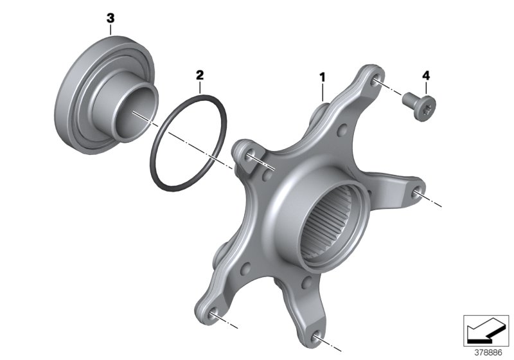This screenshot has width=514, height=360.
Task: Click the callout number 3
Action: point(111,19)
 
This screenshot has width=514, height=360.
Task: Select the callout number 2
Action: point(200,75)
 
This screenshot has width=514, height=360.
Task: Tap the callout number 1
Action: point(323,78)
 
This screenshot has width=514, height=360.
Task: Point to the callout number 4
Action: point(426,76)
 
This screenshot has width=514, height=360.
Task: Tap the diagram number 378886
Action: point(488,353)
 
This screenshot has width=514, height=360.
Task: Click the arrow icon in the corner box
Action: point(481,331)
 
